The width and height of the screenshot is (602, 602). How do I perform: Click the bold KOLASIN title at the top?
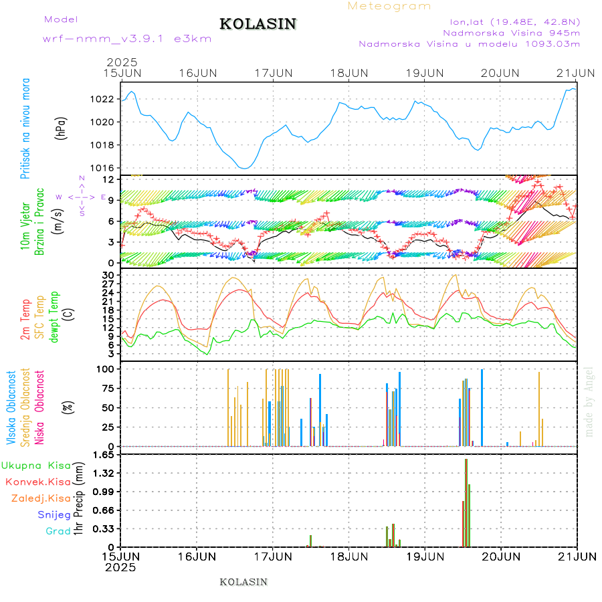[258, 24]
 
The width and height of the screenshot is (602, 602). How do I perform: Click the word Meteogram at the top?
[389, 6]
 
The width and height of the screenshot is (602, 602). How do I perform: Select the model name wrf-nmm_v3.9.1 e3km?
[127, 38]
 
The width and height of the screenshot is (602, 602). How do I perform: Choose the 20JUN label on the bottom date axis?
[500, 556]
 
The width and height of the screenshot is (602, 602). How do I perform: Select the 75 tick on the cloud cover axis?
[107, 388]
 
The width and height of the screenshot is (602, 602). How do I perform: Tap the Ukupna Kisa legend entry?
[36, 465]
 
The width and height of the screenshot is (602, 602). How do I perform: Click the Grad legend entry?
[58, 531]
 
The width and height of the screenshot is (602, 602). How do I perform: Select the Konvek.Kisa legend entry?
[38, 482]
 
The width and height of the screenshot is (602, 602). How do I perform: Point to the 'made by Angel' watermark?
[589, 401]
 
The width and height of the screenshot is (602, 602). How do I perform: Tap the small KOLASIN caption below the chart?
[243, 582]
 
